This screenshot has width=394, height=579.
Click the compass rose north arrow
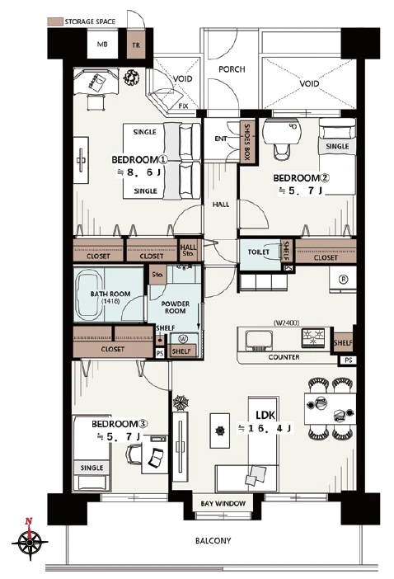tap(28, 525)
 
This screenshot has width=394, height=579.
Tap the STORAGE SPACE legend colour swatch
tap(55, 21)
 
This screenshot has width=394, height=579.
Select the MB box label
tap(102, 45)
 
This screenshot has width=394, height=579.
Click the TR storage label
tap(136, 45)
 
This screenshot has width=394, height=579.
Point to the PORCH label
tap(232, 69)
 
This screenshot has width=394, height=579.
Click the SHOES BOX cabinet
tap(246, 142)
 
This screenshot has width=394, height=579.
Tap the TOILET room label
tap(259, 252)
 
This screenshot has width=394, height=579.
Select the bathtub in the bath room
tap(88, 295)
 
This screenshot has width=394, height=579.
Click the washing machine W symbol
tap(183, 339)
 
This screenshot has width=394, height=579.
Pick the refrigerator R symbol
tap(344, 280)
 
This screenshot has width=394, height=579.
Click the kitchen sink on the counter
tap(259, 340)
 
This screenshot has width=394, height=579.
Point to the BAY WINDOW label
tap(223, 504)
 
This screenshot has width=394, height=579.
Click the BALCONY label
tap(213, 541)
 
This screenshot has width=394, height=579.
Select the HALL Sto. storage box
tap(188, 250)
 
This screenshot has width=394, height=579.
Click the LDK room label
tap(265, 416)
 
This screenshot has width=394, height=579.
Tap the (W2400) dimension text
tap(286, 322)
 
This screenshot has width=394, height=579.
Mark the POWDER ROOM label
tap(176, 307)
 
